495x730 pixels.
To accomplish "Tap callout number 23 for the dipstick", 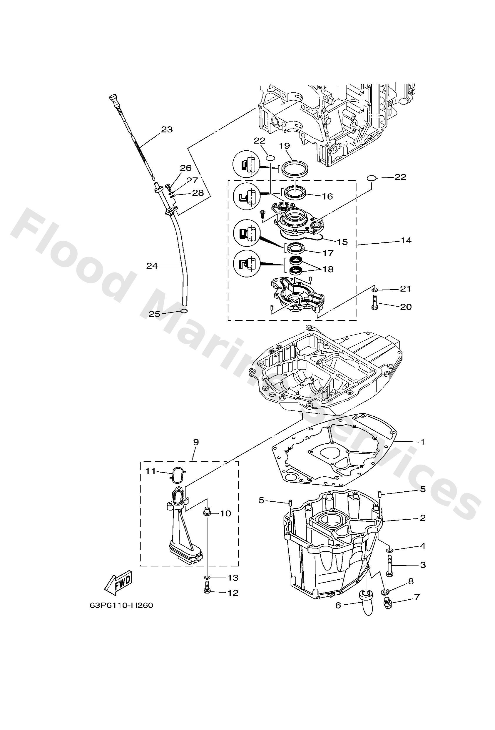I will pos(167,129).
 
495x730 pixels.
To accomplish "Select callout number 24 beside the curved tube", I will pos(152,266).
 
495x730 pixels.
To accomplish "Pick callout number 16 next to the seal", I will pos(327,196).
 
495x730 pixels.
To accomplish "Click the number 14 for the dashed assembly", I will pos(406,240).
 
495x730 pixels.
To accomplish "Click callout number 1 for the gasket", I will pos(422,442).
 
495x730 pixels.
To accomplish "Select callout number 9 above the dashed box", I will pos(196,442).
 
